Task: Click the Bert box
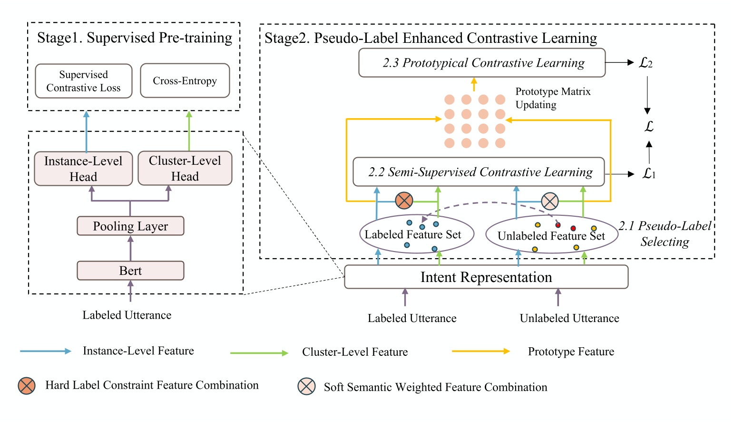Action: click(x=130, y=271)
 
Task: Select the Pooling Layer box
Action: click(x=130, y=226)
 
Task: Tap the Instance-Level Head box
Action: click(x=83, y=169)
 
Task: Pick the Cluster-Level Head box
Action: click(x=185, y=168)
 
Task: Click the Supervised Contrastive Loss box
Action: click(x=83, y=81)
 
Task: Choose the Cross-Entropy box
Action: click(x=185, y=81)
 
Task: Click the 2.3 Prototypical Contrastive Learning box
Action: click(x=482, y=63)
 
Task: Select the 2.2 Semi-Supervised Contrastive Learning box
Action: click(x=479, y=172)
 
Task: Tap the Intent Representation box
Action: click(x=486, y=277)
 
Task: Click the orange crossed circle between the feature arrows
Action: click(x=404, y=201)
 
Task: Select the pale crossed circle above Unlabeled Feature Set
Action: click(x=550, y=201)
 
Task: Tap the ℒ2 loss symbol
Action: click(x=646, y=63)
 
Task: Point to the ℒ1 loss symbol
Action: click(x=649, y=174)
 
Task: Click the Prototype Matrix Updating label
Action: click(x=553, y=98)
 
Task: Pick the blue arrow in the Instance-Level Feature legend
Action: click(x=46, y=351)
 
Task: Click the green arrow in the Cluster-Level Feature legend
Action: click(x=259, y=353)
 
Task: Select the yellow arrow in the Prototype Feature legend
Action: click(x=480, y=352)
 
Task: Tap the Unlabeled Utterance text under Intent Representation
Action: click(x=569, y=318)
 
